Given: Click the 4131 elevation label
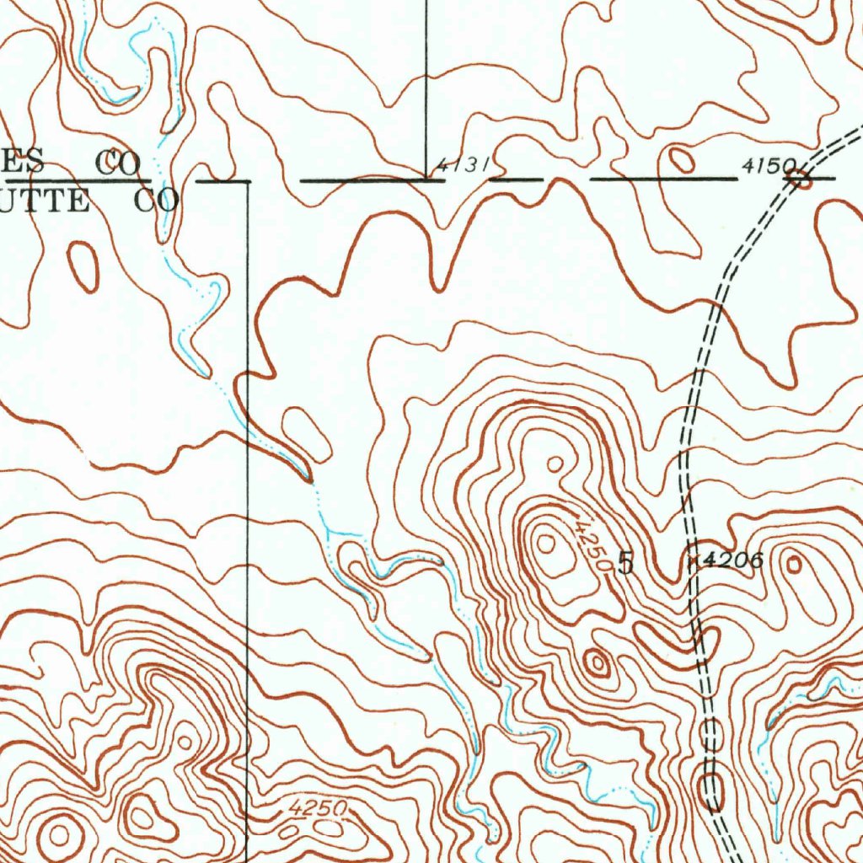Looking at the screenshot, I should coord(463,164).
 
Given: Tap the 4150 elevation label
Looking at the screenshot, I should coord(764,168).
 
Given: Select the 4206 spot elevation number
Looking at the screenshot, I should coord(733,560).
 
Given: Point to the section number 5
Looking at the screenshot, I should coord(625,562).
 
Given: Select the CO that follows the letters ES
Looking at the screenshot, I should coord(117,162).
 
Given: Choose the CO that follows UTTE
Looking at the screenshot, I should coord(156,201).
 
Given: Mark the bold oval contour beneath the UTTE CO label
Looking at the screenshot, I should coord(83,265).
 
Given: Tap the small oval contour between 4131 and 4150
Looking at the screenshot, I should coord(680,158).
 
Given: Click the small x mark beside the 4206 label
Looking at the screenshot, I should coord(693,559).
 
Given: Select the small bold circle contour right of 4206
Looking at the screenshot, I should coord(794,565).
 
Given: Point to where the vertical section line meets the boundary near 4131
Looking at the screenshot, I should coord(426,180).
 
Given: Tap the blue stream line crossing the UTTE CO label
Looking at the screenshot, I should coord(166,211).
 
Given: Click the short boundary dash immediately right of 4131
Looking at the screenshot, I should coord(516,180).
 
